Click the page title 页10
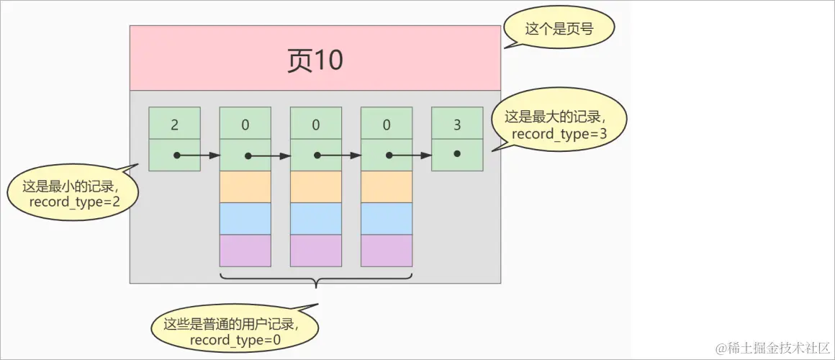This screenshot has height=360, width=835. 315,61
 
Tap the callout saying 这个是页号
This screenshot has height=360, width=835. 559,29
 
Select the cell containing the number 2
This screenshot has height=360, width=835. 174,123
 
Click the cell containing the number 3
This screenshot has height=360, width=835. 457,123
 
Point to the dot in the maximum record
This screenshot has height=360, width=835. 457,154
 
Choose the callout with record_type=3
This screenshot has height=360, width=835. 559,125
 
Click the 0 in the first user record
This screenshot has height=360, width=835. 245,123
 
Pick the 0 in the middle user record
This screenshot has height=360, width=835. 315,123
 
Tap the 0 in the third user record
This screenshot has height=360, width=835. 387,123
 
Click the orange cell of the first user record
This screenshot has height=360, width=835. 245,186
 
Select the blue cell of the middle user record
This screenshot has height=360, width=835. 315,218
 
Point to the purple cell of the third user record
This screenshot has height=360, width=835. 387,250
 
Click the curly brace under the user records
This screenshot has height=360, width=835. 316,278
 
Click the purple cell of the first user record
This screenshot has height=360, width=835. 245,250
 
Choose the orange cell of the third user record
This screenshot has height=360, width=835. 387,186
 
